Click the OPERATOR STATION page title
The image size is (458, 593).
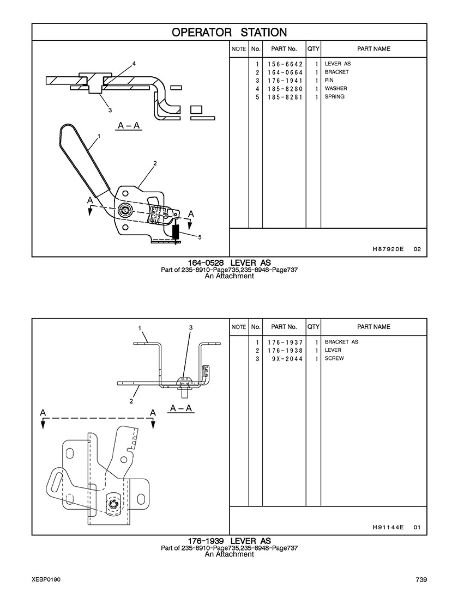click(229, 32)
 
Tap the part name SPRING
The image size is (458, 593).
click(334, 97)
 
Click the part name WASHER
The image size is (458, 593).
click(336, 89)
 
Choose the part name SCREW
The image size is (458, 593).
click(334, 359)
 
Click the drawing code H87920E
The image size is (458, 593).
click(388, 249)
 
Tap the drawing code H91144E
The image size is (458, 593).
click(388, 527)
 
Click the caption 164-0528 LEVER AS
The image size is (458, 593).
click(229, 263)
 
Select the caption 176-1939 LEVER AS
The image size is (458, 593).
click(229, 541)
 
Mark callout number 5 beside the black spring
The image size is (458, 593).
click(200, 237)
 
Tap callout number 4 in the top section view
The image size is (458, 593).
click(134, 64)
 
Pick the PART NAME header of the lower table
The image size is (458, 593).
click(373, 327)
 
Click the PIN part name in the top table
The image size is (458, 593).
click(329, 81)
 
